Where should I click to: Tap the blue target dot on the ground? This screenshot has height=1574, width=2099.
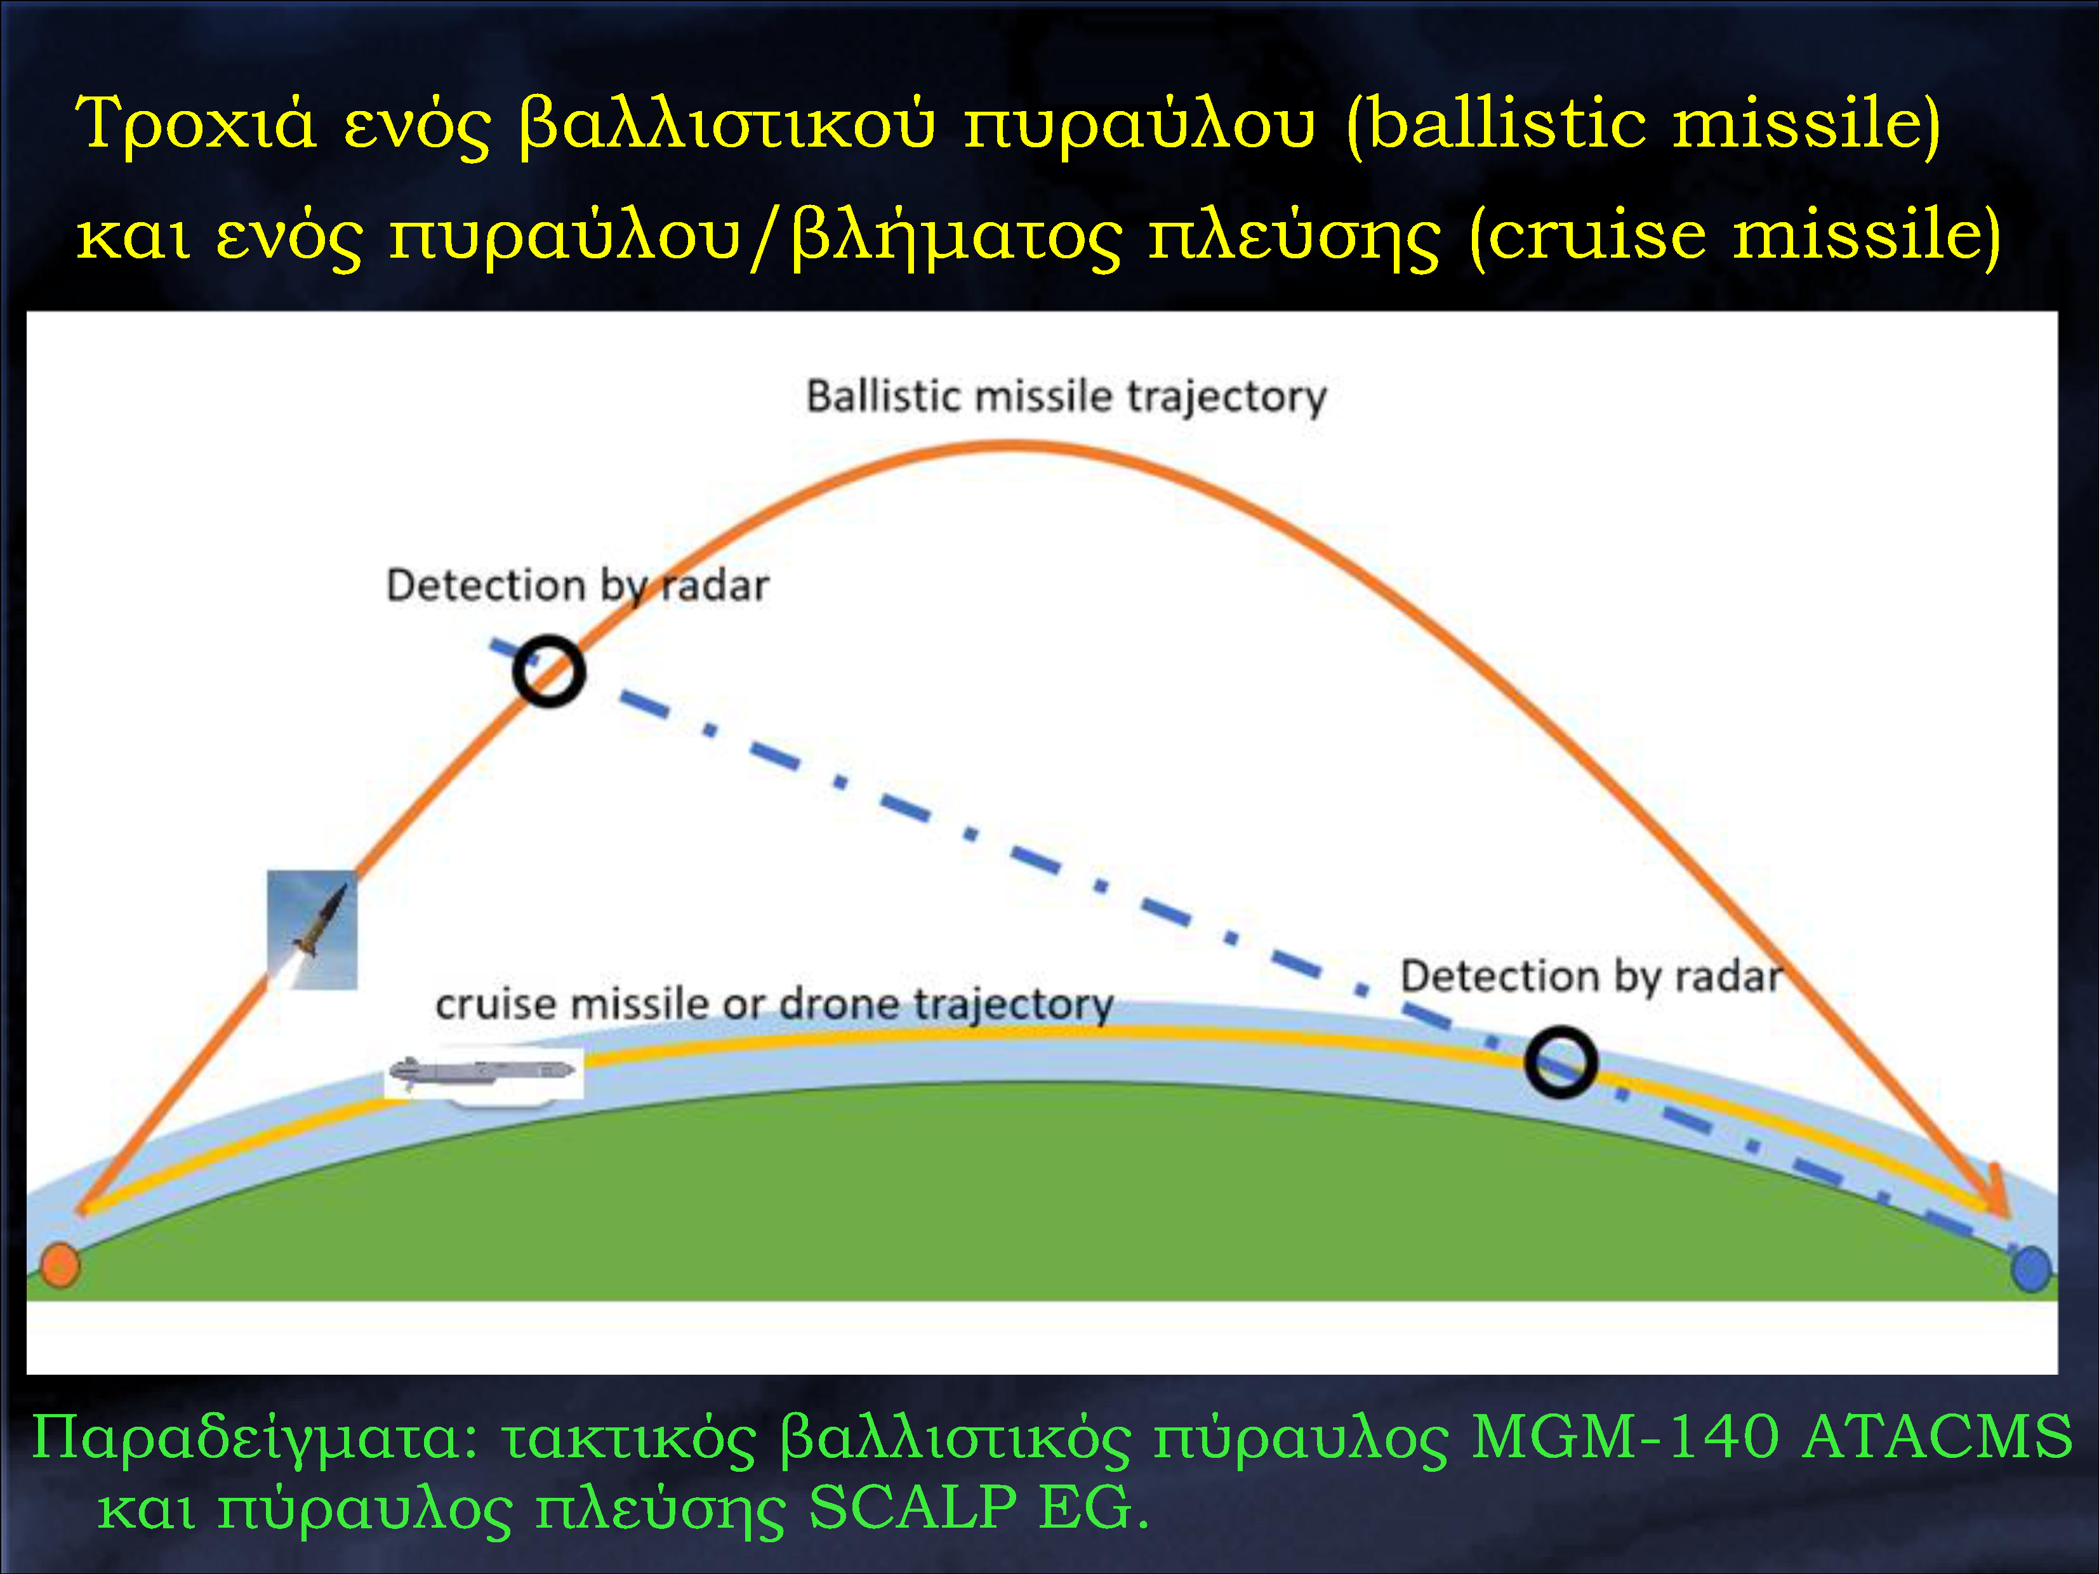tap(2030, 1269)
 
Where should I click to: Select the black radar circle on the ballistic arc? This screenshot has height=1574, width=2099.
tap(548, 671)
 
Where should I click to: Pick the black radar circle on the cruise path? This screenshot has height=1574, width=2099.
tap(1561, 1062)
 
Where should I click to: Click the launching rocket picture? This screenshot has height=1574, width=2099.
tap(312, 930)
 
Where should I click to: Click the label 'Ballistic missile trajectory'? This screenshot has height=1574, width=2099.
tap(1066, 397)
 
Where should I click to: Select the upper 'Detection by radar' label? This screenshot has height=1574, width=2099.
tap(578, 585)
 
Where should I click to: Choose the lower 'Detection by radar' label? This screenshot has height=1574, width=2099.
tap(1591, 976)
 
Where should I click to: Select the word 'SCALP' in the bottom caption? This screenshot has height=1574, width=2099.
tap(912, 1507)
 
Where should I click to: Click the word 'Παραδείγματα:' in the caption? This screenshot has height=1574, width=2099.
tap(256, 1438)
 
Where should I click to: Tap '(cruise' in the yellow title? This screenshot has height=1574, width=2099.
tap(1587, 235)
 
